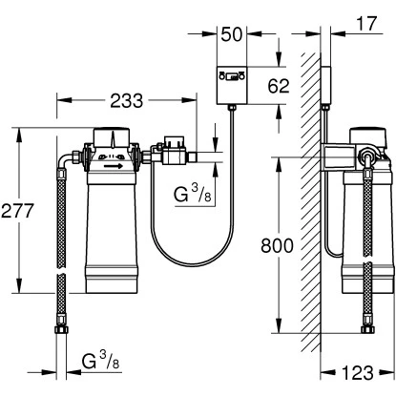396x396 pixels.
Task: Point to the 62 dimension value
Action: [x=279, y=86]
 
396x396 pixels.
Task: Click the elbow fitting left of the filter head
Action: [x=70, y=157]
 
